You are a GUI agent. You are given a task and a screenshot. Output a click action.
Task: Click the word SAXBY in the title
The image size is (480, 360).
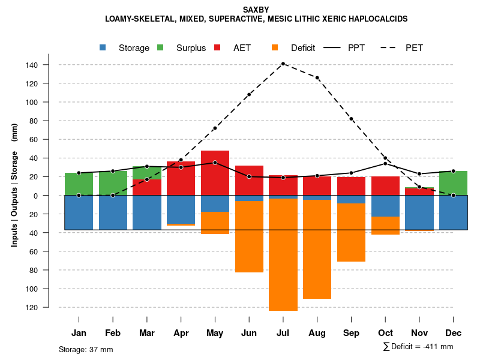pyautogui.click(x=256, y=10)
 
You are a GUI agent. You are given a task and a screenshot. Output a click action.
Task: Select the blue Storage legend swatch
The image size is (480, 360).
pyautogui.click(x=104, y=48)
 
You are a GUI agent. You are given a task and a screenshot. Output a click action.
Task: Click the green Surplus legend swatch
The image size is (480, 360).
pyautogui.click(x=161, y=48)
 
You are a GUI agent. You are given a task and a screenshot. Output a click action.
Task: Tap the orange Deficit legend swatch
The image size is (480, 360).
pyautogui.click(x=275, y=48)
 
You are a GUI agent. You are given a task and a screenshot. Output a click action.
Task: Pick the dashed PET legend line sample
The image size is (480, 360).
pyautogui.click(x=392, y=48)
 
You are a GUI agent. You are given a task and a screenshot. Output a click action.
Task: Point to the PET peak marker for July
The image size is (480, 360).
pyautogui.click(x=283, y=64)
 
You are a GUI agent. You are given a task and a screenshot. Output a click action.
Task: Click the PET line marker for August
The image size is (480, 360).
pyautogui.click(x=317, y=78)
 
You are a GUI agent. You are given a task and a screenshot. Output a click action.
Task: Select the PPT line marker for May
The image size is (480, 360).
pyautogui.click(x=215, y=163)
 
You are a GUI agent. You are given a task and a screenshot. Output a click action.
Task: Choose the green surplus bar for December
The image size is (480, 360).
pyautogui.click(x=453, y=183)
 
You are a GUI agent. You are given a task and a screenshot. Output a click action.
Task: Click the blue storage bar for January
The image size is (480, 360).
pyautogui.click(x=79, y=212)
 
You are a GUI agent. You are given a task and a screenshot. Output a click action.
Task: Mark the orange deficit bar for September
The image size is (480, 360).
pyautogui.click(x=351, y=232)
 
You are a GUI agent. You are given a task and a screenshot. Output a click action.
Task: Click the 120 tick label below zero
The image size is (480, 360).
pyautogui.click(x=49, y=307)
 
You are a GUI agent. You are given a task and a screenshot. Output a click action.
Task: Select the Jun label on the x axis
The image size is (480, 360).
pyautogui.click(x=249, y=333)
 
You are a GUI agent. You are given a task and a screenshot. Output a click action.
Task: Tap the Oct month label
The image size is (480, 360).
pyautogui.click(x=385, y=333)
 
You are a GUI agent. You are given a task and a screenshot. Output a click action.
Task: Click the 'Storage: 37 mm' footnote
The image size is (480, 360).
pyautogui.click(x=86, y=349)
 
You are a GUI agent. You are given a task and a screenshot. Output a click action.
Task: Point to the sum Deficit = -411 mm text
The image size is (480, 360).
pyautogui.click(x=418, y=347)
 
